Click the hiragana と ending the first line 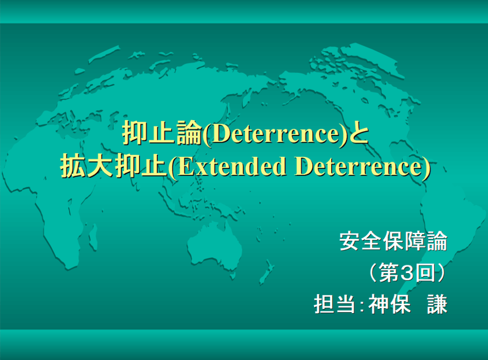click(x=358, y=134)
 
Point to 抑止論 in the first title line click(x=162, y=133)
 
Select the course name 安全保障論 click(x=393, y=241)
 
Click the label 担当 click(x=335, y=304)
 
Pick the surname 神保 click(x=389, y=304)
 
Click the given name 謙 click(x=437, y=304)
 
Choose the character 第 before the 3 click(x=389, y=273)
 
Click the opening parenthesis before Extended click(x=172, y=167)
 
